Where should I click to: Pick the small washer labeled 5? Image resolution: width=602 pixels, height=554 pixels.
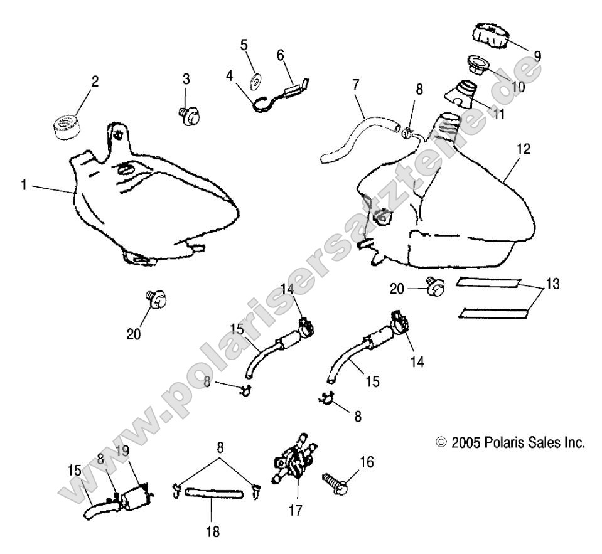[257, 81]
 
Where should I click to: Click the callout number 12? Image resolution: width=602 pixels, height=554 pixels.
[524, 150]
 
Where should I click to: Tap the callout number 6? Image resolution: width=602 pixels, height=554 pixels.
[280, 55]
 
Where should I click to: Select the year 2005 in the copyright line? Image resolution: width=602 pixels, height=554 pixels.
[468, 442]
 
